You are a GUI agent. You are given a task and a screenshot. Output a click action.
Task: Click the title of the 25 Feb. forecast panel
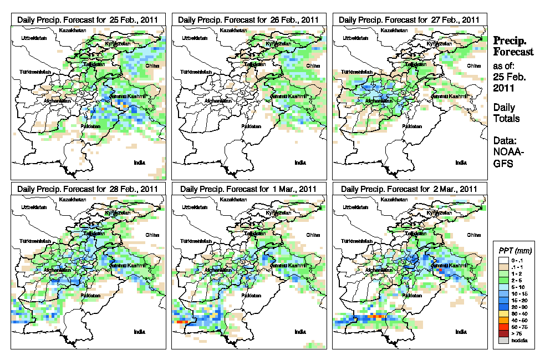coord(88,19)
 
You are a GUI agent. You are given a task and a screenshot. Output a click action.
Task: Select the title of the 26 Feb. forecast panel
coord(248,19)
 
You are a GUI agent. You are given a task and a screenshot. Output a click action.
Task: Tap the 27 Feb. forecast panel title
coord(409,19)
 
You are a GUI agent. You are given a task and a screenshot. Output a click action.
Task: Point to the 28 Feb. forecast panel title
coord(88,189)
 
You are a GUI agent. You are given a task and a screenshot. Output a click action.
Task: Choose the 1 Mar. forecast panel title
coord(248,189)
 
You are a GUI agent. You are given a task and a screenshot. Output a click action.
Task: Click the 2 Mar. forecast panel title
coord(409,189)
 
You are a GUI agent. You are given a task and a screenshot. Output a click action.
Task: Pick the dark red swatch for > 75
coord(502,333)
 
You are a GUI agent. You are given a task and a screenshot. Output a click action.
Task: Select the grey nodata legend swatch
coord(502,340)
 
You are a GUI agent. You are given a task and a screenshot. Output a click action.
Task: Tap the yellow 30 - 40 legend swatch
coord(502,313)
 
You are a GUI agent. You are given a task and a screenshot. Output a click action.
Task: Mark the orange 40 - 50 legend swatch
coord(502,320)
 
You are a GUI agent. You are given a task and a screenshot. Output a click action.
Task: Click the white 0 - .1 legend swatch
coord(502,260)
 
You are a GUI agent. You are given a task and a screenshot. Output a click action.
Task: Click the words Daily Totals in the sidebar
coord(506,113)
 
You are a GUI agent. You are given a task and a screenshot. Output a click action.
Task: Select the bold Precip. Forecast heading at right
coord(513,46)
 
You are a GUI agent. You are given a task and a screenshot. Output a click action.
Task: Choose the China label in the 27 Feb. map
coord(473,65)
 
